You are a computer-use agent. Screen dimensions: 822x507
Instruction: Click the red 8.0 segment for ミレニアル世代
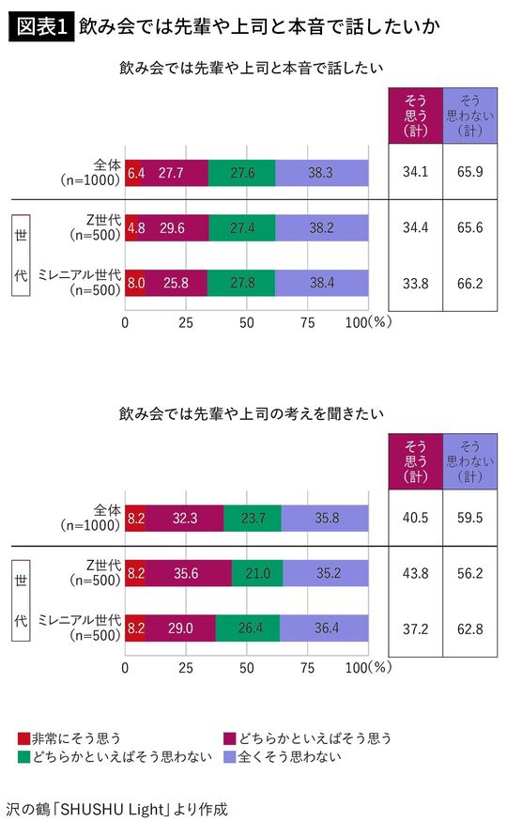(x=135, y=282)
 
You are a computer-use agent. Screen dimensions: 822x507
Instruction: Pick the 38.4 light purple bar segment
(x=321, y=282)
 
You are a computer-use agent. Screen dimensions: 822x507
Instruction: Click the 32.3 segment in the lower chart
(x=184, y=517)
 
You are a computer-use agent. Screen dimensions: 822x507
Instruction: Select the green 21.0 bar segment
(x=256, y=573)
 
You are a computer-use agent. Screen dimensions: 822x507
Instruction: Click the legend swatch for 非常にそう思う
(x=24, y=738)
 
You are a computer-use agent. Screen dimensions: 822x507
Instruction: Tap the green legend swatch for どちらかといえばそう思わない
(x=24, y=756)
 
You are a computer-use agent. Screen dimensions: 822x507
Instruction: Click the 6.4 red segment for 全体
(x=134, y=173)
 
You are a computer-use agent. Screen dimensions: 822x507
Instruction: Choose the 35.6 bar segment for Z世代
(x=189, y=573)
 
